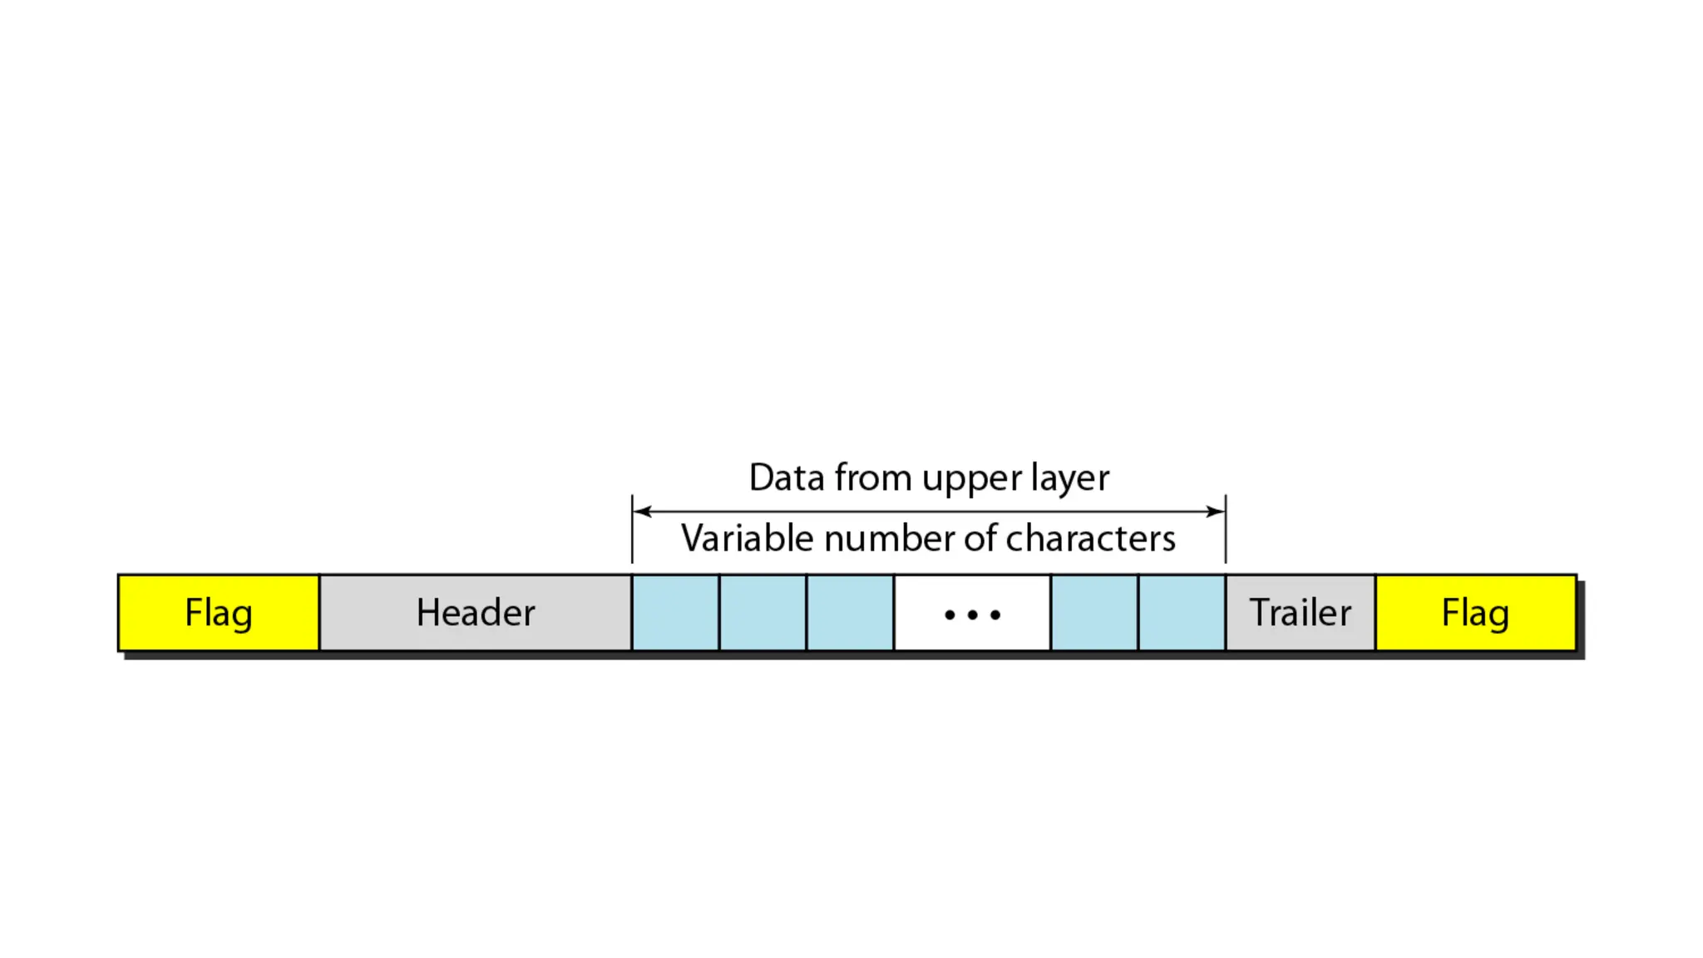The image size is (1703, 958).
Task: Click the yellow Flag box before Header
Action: [219, 613]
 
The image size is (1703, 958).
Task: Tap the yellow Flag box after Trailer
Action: [1475, 613]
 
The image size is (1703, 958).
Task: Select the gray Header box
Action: [475, 613]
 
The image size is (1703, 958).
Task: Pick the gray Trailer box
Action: [1300, 613]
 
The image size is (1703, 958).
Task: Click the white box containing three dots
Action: [972, 613]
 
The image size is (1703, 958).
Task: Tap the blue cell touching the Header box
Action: [675, 613]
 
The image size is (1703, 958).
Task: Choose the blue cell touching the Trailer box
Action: [1182, 613]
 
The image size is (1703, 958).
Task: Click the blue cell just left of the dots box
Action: [850, 613]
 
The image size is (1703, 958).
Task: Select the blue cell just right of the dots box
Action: [1094, 613]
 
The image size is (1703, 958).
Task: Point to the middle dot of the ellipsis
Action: [972, 615]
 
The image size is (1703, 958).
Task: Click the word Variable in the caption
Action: [747, 538]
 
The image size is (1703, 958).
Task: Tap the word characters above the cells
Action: [1090, 538]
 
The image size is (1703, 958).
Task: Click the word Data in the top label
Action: [787, 477]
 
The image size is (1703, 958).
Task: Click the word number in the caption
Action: [889, 538]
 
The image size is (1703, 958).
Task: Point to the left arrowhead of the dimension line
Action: [641, 511]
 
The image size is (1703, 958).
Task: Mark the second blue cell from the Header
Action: [763, 613]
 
